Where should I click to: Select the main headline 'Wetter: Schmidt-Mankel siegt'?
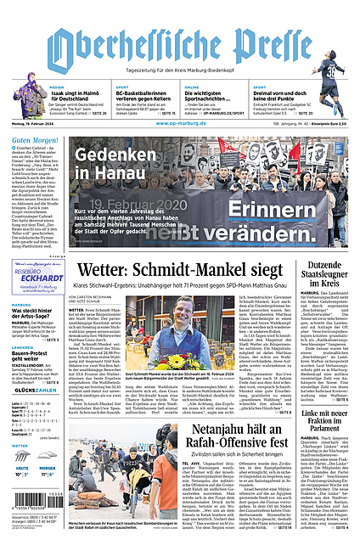click(176, 270)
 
